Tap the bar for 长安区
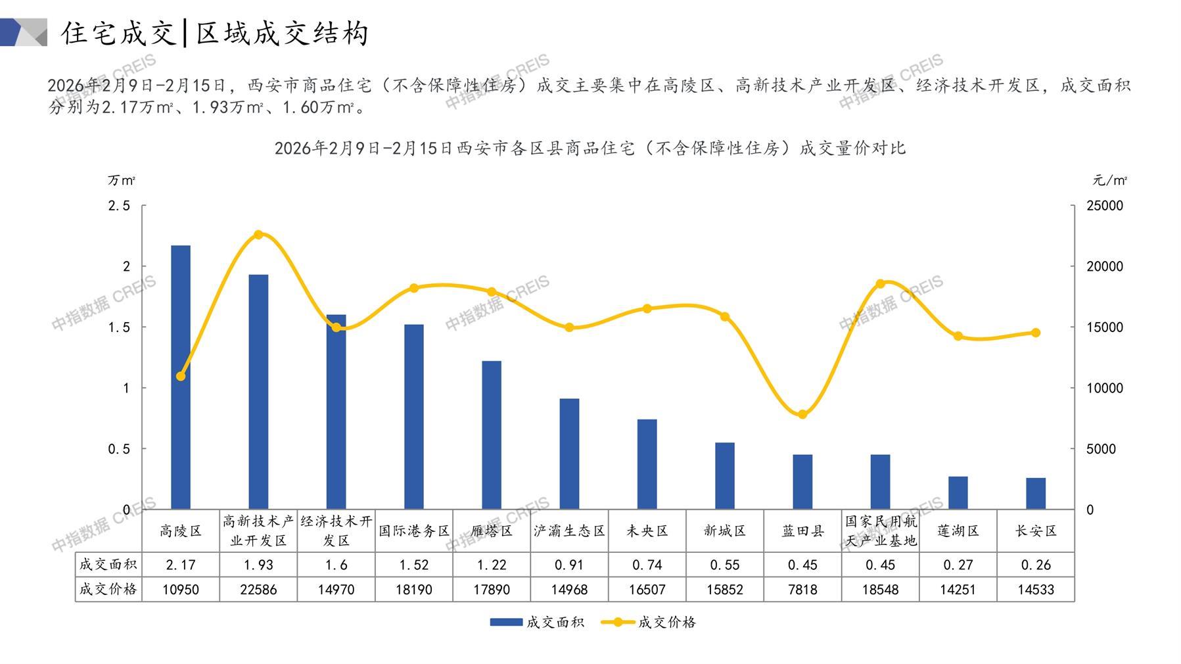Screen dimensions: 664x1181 1036,493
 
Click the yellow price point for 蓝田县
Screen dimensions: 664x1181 802,415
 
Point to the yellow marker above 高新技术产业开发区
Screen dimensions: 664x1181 258,235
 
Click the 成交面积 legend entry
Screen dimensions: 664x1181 537,622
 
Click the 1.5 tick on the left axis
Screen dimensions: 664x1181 119,327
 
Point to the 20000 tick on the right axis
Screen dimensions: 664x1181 1105,267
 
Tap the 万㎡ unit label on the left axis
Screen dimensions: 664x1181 122,180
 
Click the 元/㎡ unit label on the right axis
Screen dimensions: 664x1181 1110,180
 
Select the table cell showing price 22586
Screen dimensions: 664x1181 258,590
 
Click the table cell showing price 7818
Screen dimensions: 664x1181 802,590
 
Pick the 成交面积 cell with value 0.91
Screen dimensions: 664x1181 569,565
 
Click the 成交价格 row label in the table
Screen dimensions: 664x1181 108,590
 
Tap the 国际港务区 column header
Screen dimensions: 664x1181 414,531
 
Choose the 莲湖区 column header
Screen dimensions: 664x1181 958,531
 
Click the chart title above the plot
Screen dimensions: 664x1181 590,149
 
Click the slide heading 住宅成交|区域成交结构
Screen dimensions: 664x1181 215,33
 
